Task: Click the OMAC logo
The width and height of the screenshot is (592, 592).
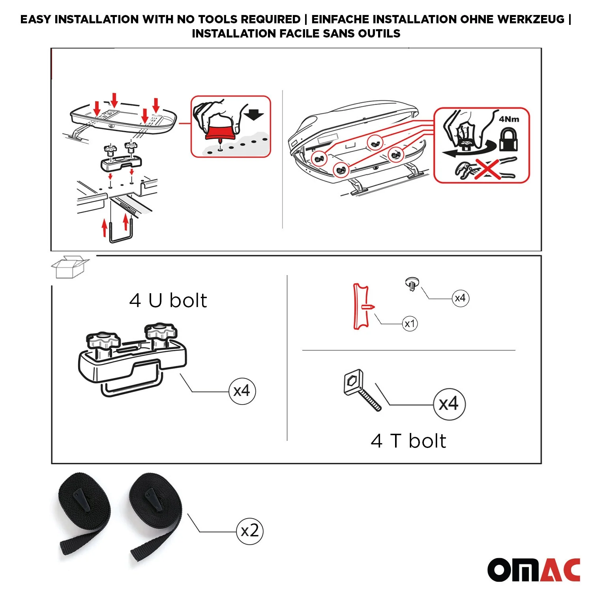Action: click(x=534, y=570)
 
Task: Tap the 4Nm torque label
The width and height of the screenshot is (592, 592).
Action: click(x=509, y=119)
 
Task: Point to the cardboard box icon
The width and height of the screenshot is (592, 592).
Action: click(x=69, y=267)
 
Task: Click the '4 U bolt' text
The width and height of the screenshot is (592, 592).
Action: click(x=168, y=300)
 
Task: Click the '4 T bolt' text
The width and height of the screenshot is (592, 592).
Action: click(x=408, y=441)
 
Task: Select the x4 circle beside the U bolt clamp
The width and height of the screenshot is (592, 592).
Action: click(x=242, y=391)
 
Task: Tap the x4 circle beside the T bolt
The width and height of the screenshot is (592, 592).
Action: click(x=449, y=404)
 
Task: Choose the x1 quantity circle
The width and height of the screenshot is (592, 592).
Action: click(x=410, y=324)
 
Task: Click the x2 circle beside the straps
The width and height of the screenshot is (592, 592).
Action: click(x=249, y=531)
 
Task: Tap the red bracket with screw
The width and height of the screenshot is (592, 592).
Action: click(x=362, y=306)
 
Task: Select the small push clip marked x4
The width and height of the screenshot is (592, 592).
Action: click(x=412, y=284)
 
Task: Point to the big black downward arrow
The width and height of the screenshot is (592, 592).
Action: click(x=253, y=114)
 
